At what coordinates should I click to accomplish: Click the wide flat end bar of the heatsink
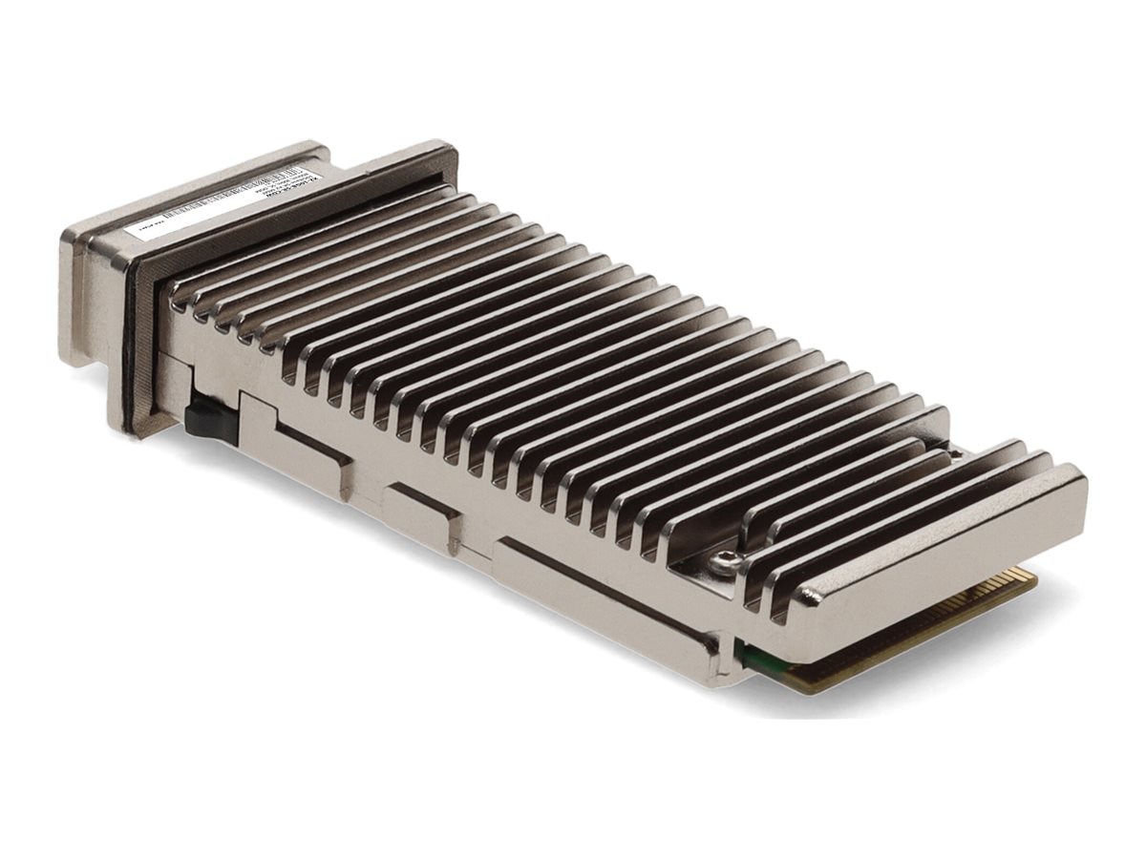[x=945, y=554]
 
